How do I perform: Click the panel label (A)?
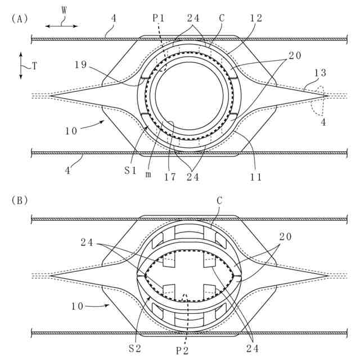[19, 18]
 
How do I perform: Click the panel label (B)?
[19, 199]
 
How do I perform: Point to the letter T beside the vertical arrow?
[34, 66]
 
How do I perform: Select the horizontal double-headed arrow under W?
[62, 26]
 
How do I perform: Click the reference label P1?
[159, 18]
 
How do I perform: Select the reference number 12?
[256, 18]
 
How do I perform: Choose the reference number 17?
[170, 177]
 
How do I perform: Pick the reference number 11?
[256, 177]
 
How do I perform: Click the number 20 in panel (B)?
[286, 237]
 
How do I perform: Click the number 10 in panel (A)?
[71, 131]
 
